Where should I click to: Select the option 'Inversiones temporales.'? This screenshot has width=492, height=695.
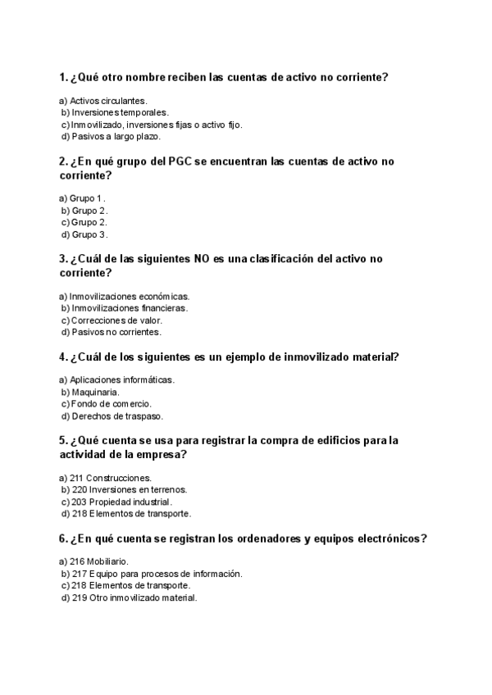[x=120, y=112]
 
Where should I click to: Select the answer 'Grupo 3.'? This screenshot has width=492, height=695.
[x=89, y=234]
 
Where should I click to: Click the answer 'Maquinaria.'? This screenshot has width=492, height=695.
[x=96, y=393]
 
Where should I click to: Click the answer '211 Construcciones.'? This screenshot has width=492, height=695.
[x=110, y=477]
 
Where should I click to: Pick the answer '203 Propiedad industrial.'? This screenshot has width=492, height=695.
[x=121, y=502]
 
